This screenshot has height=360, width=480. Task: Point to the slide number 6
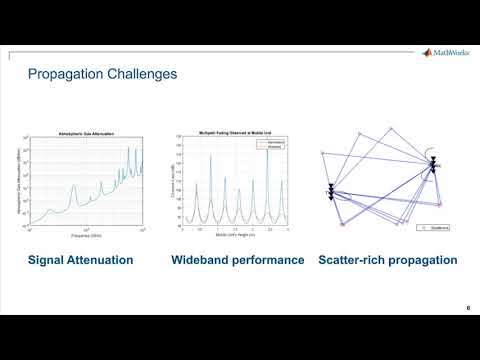coord(468,307)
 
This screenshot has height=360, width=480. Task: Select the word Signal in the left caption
coord(47,261)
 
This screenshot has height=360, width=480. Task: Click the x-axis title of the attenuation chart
coord(86,236)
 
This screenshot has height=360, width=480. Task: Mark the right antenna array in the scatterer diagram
coord(432,165)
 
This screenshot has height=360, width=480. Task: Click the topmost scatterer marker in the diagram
coord(391,127)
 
